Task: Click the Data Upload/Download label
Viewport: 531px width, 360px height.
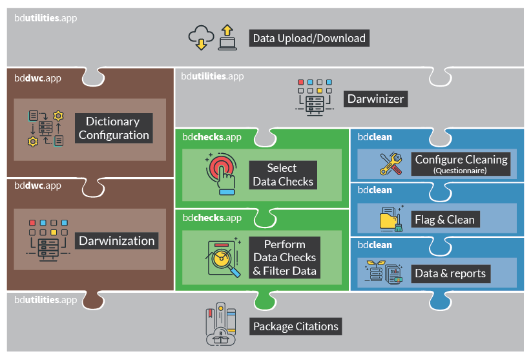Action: coord(309,38)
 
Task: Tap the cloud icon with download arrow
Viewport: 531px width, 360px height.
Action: coord(200,38)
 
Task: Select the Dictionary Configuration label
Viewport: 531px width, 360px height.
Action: coord(114,128)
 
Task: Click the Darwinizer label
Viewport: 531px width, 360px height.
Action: coord(375,99)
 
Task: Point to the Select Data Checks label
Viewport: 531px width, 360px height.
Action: coord(283,175)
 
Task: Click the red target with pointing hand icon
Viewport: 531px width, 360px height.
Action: coord(220,172)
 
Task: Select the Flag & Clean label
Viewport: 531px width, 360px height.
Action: coord(444,219)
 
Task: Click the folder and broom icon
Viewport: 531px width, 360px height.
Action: coord(391,219)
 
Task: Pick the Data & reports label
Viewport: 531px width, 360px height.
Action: coord(450,273)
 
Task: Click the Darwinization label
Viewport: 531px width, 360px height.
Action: coord(117,241)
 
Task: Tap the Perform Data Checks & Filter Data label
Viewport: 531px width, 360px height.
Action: coord(284,257)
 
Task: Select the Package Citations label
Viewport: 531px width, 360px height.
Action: coord(295,326)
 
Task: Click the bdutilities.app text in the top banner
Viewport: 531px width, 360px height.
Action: coord(45,18)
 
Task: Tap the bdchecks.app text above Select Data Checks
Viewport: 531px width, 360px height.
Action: coord(212,137)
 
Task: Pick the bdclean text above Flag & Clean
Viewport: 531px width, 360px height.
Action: coord(375,191)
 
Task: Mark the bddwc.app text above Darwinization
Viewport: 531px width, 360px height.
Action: coord(38,186)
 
